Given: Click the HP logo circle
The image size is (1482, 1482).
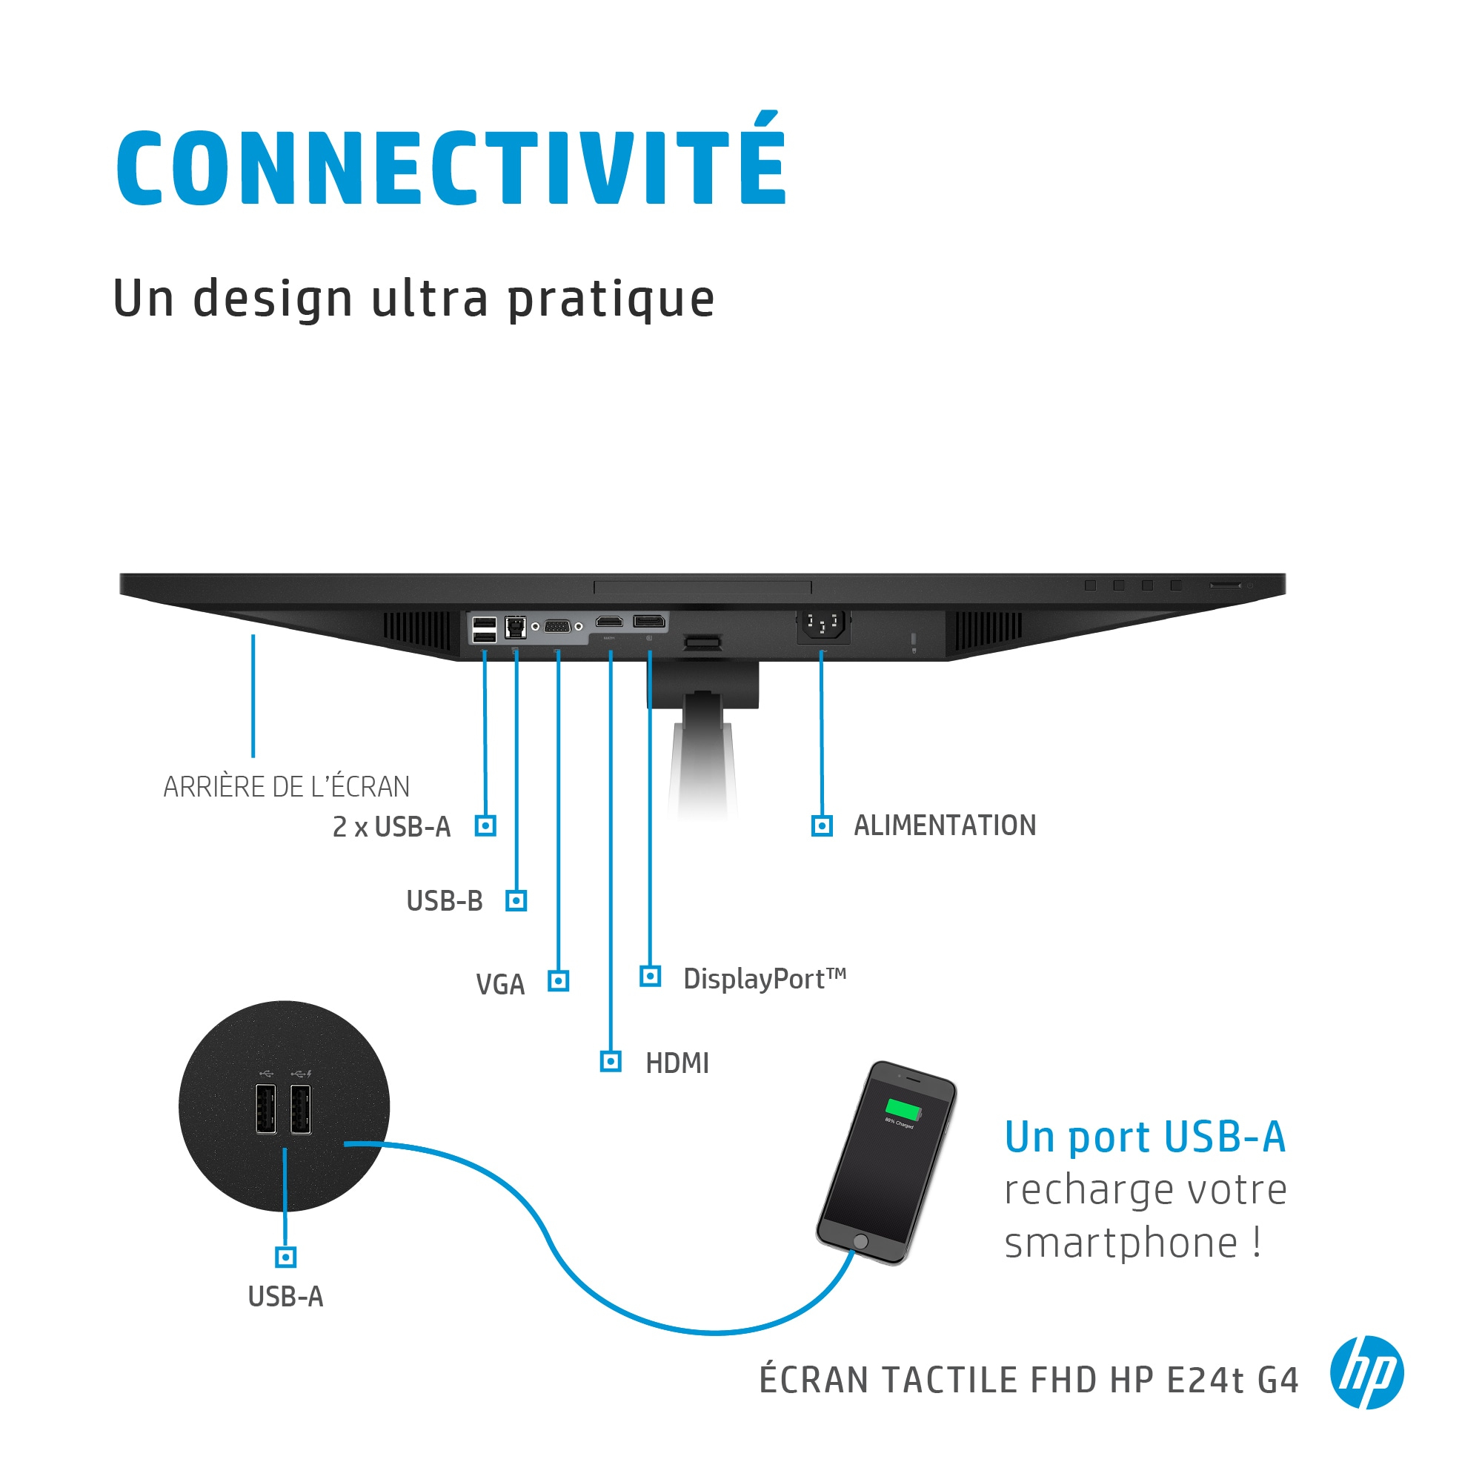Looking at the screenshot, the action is (x=1367, y=1372).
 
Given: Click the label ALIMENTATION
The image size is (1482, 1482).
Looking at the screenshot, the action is (x=944, y=825).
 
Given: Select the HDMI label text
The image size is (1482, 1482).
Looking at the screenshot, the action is (x=677, y=1063).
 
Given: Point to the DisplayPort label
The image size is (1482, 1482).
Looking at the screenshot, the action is (x=765, y=979).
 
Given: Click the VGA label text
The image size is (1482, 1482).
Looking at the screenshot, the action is (x=500, y=984).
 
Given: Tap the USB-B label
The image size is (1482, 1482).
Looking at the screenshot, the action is (x=444, y=900).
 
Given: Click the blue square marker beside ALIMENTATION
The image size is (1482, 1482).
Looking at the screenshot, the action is (x=823, y=826).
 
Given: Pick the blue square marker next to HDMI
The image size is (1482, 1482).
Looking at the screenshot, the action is (x=611, y=1062).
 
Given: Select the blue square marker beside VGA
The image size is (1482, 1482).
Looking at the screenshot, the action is (x=559, y=980).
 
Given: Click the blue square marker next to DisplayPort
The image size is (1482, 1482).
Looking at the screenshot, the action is (x=651, y=977).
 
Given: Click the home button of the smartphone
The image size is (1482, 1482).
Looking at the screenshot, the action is (x=860, y=1241).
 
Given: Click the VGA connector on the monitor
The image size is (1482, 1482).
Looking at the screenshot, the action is (x=557, y=627).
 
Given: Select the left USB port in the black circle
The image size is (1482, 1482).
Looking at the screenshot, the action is (x=266, y=1109).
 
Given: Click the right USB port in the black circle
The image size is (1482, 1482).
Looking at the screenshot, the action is (x=301, y=1109).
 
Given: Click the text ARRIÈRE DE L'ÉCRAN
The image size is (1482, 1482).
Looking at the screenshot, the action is (x=286, y=787).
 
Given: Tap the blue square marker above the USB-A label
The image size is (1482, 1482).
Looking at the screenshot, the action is (x=285, y=1257).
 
